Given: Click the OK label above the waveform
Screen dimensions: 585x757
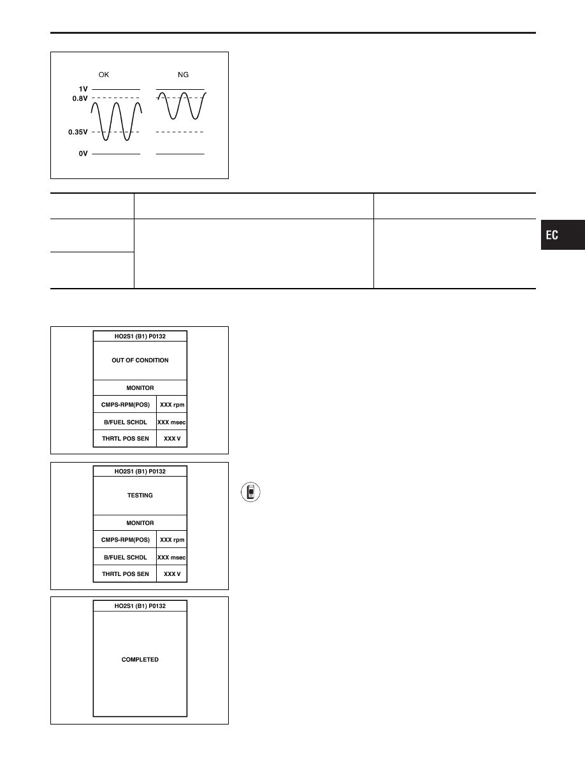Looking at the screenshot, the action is pos(104,75).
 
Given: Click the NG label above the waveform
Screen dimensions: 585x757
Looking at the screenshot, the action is pos(183,75).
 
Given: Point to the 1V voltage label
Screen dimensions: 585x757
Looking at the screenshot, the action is pos(83,89).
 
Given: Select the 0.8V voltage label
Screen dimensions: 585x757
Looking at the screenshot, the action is pos(80,99).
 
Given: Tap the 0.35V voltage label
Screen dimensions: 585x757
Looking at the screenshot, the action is pos(78,132).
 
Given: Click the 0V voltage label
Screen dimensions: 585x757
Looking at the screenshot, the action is pos(83,154).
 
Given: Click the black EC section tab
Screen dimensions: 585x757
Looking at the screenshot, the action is pos(563,235).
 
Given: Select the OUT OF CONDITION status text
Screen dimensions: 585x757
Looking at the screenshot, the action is pos(140,360).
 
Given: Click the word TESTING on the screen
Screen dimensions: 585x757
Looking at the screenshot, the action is pos(140,495).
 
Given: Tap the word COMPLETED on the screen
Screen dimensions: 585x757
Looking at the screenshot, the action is pos(140,660).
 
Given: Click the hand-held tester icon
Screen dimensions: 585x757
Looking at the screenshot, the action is pos(250,492).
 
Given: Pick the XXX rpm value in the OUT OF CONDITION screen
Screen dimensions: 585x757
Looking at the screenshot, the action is pos(172,405).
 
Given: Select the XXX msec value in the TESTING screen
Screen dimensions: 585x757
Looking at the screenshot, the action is pos(171,557).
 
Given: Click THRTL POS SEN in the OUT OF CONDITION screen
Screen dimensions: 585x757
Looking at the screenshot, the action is pos(126,438).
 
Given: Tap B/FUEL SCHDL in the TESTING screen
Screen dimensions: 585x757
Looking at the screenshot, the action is pos(126,557).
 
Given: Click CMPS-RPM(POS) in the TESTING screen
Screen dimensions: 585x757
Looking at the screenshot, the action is pos(126,540).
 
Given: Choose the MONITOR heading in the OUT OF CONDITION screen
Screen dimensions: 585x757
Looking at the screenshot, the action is pos(140,387).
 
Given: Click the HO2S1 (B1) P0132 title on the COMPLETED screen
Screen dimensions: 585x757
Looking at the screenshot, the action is pos(140,606).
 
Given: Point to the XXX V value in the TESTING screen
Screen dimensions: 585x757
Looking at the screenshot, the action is pos(172,574).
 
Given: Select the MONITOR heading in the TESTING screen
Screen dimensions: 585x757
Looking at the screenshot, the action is pos(140,523).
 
